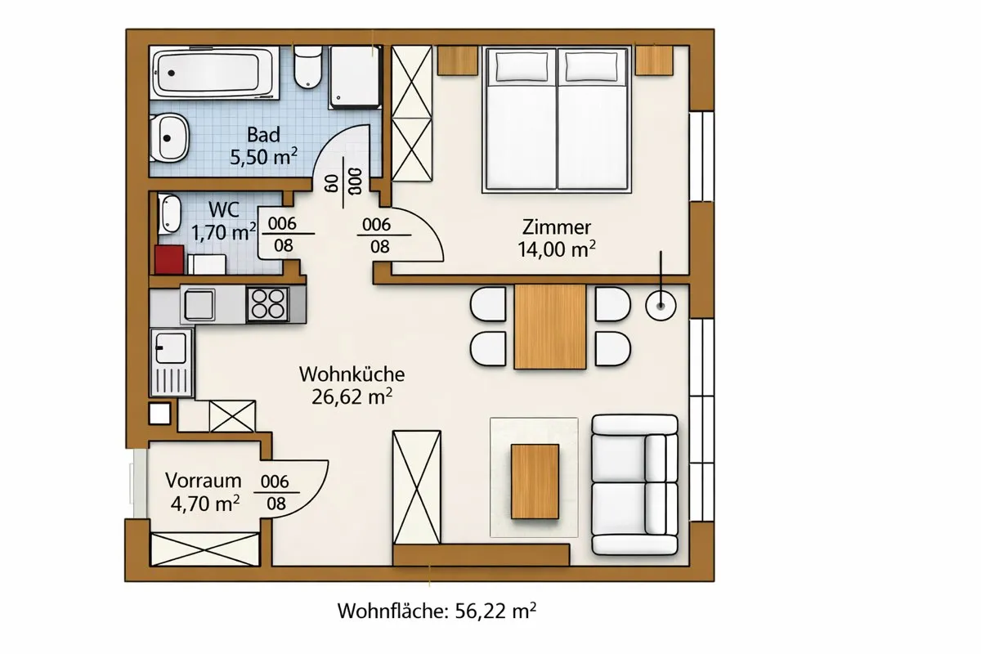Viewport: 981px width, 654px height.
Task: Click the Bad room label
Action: [x=263, y=135]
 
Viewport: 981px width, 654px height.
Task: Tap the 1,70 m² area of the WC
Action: [x=224, y=232]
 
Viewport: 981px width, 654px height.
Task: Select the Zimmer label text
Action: [x=557, y=227]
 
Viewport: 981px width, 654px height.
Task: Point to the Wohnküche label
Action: [x=352, y=374]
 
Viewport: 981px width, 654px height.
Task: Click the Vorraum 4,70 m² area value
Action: [x=205, y=504]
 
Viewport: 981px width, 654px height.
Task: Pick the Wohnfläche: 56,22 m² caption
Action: [x=437, y=611]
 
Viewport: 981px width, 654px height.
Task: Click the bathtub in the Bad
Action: [x=214, y=73]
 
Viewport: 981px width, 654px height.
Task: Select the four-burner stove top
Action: [x=267, y=304]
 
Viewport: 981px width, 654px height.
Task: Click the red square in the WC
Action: [x=169, y=260]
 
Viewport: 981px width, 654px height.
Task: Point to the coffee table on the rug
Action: [x=535, y=482]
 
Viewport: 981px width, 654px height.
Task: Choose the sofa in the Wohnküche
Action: [x=634, y=485]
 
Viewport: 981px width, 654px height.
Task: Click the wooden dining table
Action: [x=550, y=327]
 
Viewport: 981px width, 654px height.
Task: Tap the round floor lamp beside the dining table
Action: [x=661, y=305]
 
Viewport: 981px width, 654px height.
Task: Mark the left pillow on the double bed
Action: [x=522, y=66]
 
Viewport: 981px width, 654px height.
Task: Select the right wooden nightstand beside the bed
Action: [x=654, y=60]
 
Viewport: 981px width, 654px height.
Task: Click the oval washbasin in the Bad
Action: [x=169, y=138]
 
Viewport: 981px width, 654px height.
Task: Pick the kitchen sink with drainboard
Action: [x=171, y=363]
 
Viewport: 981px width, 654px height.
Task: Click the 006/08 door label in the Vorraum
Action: [x=275, y=493]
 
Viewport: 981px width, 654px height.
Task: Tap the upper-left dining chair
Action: [x=488, y=304]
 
